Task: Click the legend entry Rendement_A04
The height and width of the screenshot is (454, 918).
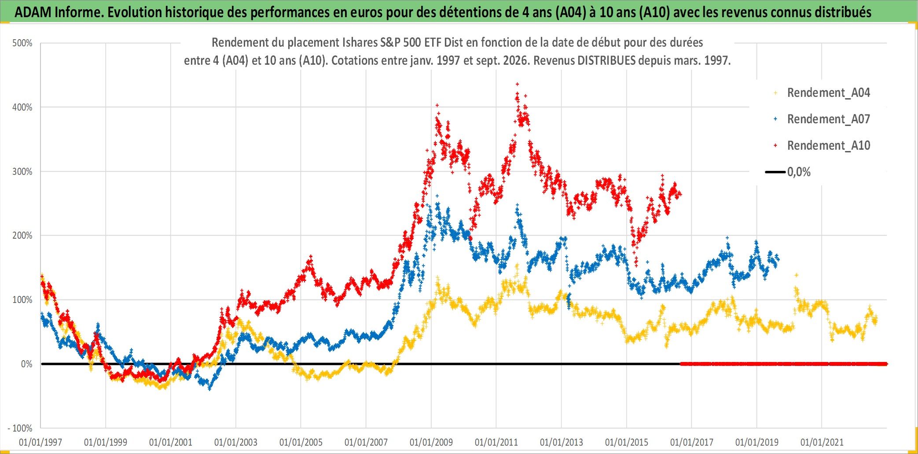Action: coord(828,93)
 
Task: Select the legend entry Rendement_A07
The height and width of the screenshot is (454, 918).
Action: coord(828,119)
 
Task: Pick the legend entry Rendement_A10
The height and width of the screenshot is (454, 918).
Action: coord(828,146)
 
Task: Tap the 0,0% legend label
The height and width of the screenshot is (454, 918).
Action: coord(799,172)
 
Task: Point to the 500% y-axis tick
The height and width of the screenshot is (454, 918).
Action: coord(22,43)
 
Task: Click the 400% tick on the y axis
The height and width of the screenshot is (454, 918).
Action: coord(22,107)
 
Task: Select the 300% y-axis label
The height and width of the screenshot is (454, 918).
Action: coord(22,172)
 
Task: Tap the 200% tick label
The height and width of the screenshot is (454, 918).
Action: coord(22,236)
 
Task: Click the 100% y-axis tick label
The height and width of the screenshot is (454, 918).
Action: coord(22,300)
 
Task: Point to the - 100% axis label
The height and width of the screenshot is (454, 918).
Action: coord(20,428)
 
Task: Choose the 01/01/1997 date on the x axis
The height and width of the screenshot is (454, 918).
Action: coord(40,442)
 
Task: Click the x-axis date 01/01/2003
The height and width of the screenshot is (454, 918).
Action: coord(236,442)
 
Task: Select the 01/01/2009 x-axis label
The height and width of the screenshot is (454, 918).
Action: coord(431,442)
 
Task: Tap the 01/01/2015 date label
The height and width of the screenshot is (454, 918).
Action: coord(627,442)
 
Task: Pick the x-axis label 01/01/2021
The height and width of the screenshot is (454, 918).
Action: coord(822,442)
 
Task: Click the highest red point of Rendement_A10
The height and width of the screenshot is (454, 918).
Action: coord(517,84)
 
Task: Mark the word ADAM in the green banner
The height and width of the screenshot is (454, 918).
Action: coord(33,12)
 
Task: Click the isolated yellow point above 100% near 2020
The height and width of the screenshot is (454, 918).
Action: coord(796,275)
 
